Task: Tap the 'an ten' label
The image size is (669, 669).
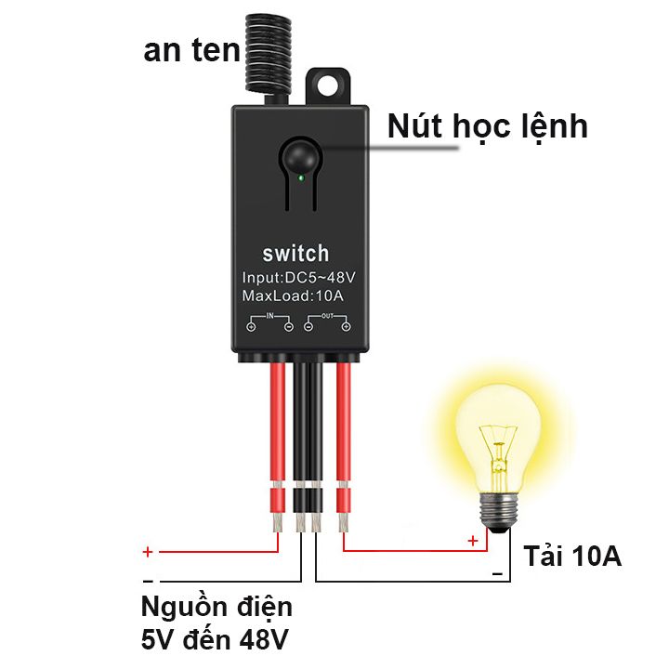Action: [x=192, y=50]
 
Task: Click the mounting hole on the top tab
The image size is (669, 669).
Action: [x=328, y=85]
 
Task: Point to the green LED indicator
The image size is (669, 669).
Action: [x=301, y=177]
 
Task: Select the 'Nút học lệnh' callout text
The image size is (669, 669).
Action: [x=488, y=126]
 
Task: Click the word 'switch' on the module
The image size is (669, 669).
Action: [x=295, y=254]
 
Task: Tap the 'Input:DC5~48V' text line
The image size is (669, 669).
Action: [x=298, y=277]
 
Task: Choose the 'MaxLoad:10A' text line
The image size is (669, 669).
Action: [x=293, y=295]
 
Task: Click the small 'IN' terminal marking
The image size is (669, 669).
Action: [x=270, y=316]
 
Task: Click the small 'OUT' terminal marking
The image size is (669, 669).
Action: [x=327, y=316]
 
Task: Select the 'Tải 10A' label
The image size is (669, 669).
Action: [x=572, y=556]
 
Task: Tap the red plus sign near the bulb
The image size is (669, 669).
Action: [x=473, y=541]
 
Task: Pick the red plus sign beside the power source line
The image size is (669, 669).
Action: [x=148, y=552]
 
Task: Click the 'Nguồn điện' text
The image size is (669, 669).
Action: [x=216, y=607]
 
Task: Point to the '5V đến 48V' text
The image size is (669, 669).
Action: [x=215, y=639]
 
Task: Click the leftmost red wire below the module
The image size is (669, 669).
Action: [x=278, y=444]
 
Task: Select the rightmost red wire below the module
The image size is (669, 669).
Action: [x=344, y=444]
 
